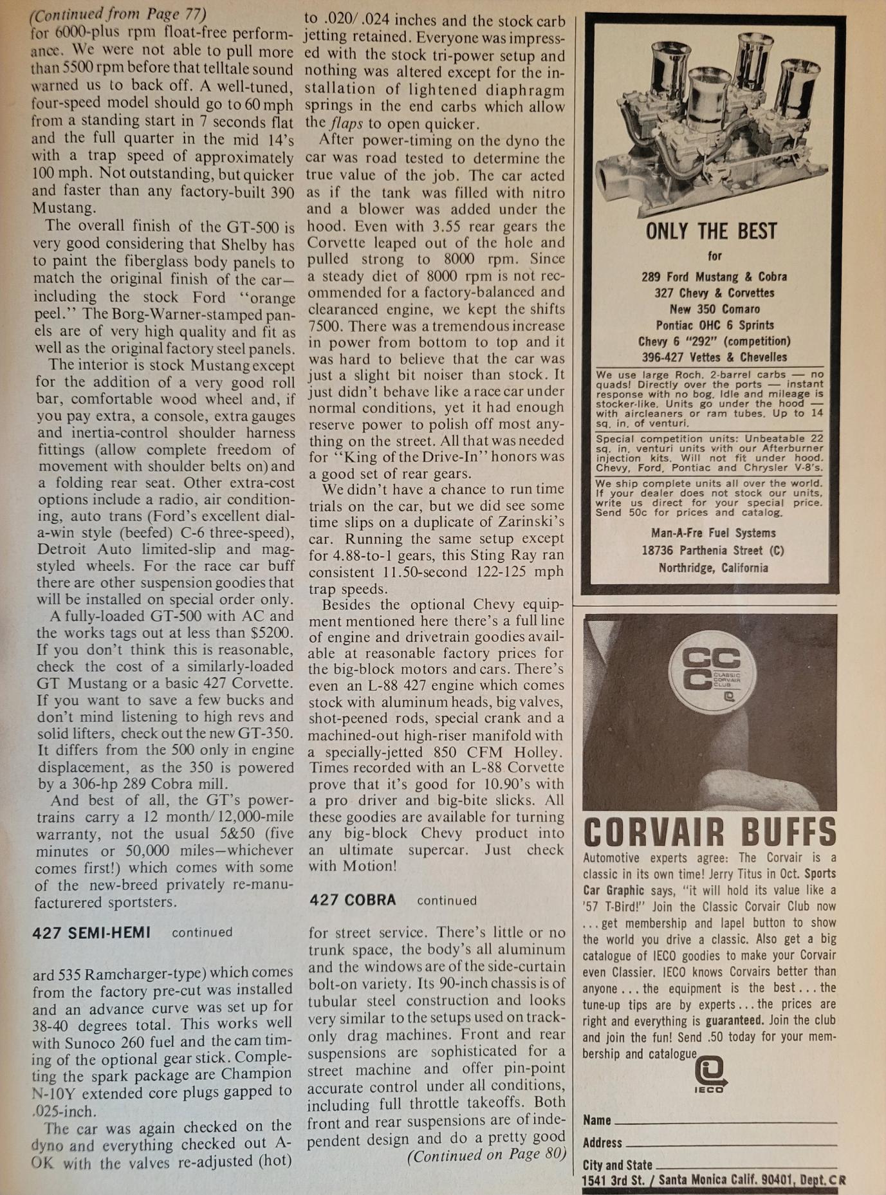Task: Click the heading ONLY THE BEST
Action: coord(711,231)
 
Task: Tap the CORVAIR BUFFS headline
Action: coord(710,833)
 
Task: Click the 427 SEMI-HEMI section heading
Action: coord(91,932)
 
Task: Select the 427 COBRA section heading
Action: coord(353,900)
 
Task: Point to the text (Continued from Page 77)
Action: coord(118,14)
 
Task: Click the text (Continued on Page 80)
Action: coord(486,1155)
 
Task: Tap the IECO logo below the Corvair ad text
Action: coord(710,1075)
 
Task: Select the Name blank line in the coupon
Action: coord(726,1122)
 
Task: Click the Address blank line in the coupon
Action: coord(731,1144)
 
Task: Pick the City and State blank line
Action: coord(745,1165)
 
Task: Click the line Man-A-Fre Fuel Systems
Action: coord(713,533)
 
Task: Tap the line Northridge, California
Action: coord(713,568)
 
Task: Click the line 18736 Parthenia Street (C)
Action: coord(713,550)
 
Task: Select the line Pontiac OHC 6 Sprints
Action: coord(714,325)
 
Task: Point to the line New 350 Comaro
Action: coord(714,309)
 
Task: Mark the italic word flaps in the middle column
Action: coord(347,124)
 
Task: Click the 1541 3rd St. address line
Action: coord(713,1180)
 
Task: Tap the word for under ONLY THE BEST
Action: coord(714,256)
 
